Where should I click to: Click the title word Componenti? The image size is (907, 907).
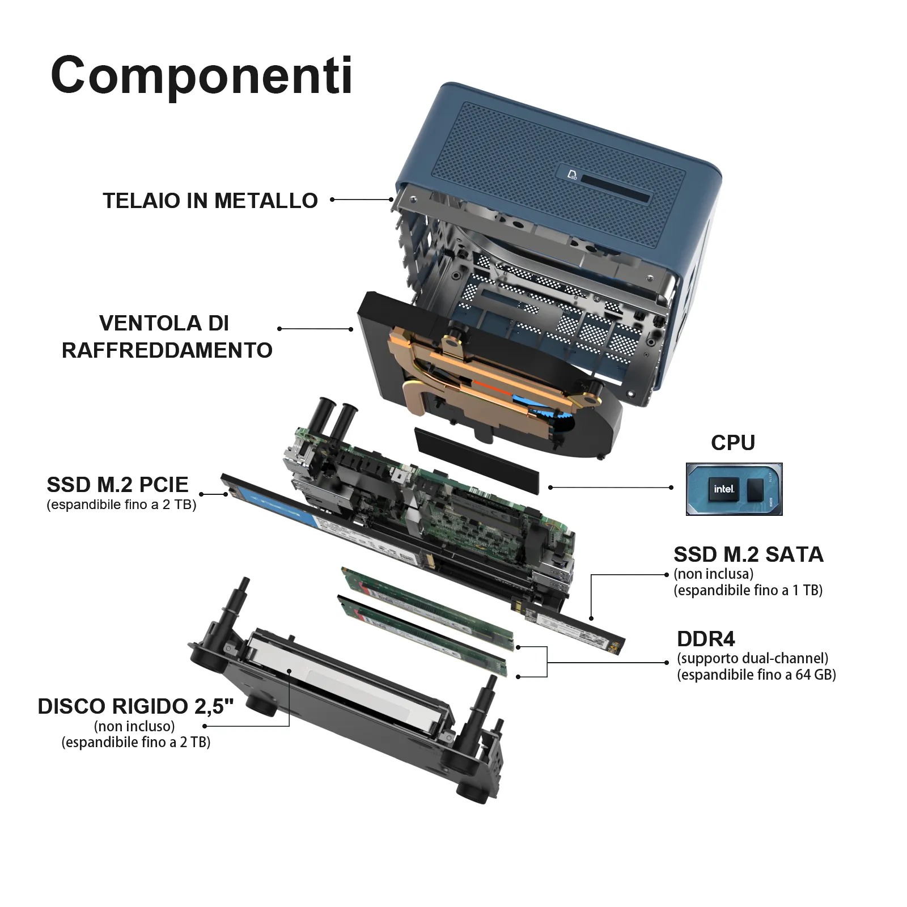(x=202, y=75)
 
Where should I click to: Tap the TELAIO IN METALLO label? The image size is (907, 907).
(x=210, y=201)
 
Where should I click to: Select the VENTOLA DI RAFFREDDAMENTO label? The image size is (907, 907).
(x=167, y=337)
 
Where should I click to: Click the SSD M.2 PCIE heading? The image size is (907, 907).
(x=117, y=485)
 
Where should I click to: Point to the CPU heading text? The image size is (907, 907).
(x=733, y=443)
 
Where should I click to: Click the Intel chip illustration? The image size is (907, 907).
(x=734, y=489)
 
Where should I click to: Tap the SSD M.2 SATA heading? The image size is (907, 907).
(x=748, y=554)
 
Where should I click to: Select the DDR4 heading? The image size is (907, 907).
(x=706, y=639)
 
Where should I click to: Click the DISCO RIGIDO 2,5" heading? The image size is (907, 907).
(x=135, y=706)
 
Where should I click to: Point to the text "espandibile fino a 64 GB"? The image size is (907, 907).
(x=757, y=675)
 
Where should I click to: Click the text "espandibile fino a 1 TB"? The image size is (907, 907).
(x=748, y=590)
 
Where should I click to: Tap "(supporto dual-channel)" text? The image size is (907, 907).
(x=753, y=658)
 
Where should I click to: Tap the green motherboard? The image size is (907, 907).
(x=431, y=499)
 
